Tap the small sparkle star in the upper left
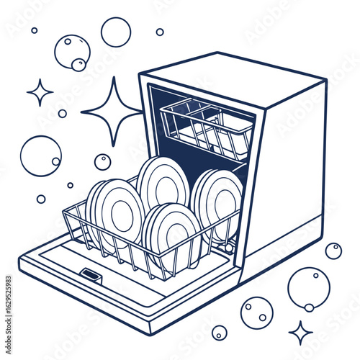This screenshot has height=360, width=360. point(40,92)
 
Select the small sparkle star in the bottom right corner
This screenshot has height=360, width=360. point(300,332)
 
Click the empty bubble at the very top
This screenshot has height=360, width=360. point(116,32)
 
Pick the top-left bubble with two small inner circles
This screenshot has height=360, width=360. point(72,52)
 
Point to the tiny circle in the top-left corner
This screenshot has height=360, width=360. point(34,30)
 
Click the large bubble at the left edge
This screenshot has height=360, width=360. point(40,156)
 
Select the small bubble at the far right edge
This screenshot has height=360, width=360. point(333,251)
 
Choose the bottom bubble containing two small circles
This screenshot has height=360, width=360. point(256,312)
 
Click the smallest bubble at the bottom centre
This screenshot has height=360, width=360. point(219,333)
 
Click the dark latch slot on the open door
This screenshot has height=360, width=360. point(90,274)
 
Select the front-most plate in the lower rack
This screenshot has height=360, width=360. point(171,232)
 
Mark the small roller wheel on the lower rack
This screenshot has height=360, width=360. point(229,248)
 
